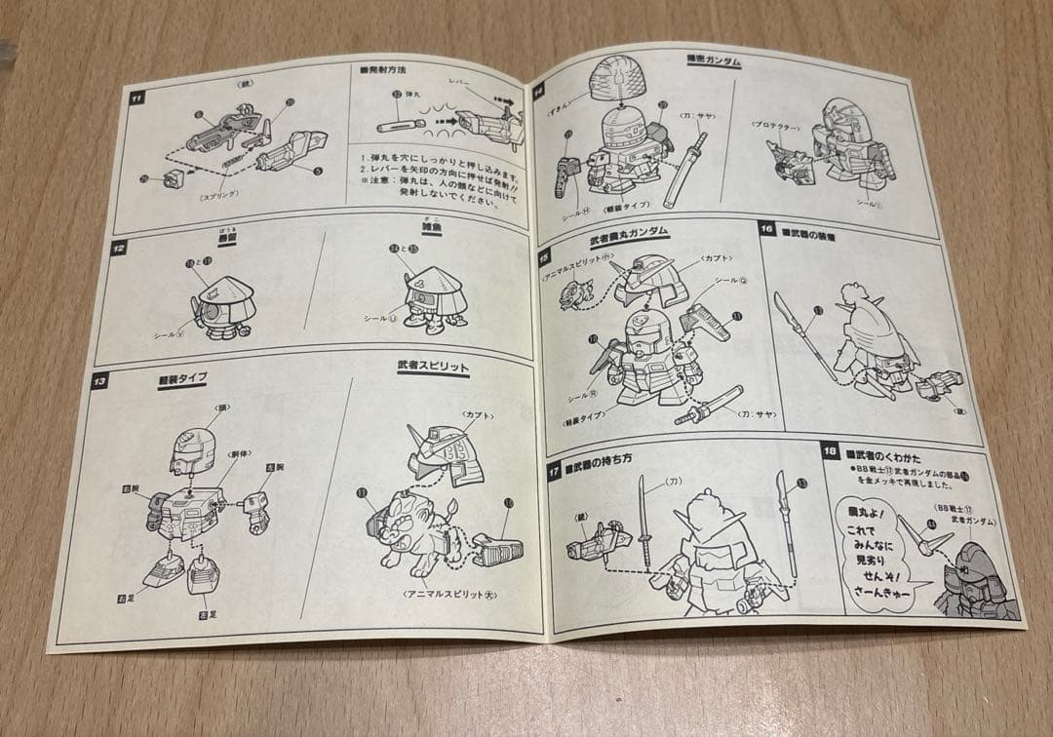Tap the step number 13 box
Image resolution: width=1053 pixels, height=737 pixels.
[100, 380]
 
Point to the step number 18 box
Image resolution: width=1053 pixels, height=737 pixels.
[831, 450]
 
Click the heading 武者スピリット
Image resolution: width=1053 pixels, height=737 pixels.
[433, 368]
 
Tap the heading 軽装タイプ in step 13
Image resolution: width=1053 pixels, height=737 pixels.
[182, 377]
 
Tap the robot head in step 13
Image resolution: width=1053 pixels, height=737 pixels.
[191, 450]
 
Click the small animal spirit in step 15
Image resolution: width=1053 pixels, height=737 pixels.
[575, 292]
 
